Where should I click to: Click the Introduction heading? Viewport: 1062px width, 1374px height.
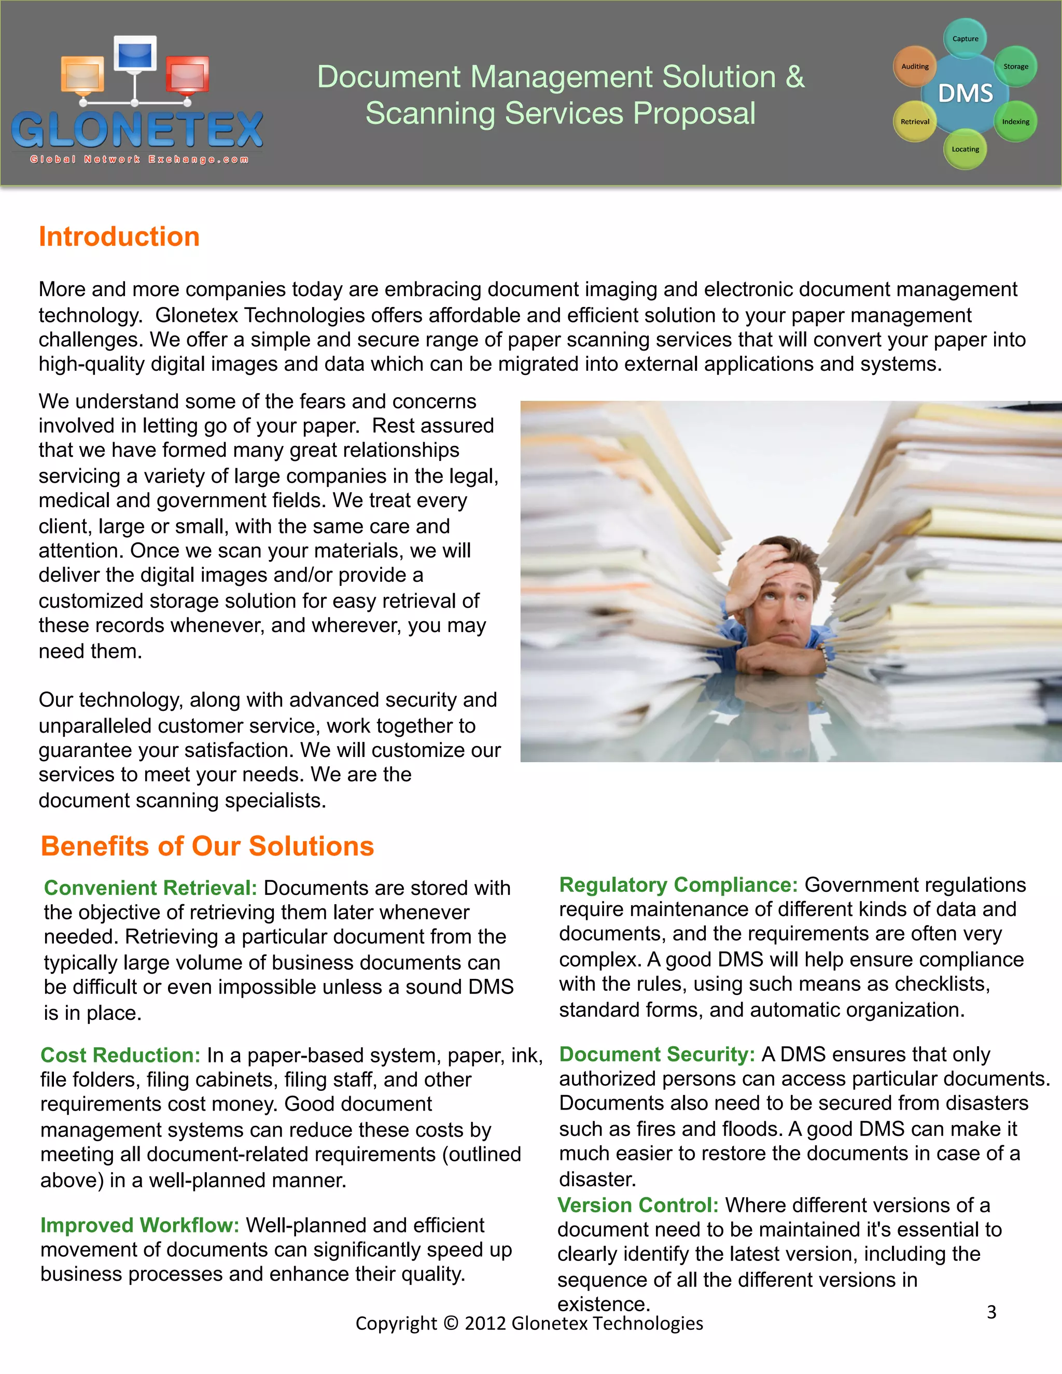click(x=119, y=236)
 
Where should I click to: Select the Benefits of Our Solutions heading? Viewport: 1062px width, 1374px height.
click(x=207, y=846)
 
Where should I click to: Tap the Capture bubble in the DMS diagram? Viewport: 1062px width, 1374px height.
click(x=965, y=39)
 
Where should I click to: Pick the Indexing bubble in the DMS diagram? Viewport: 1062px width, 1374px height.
click(x=1015, y=121)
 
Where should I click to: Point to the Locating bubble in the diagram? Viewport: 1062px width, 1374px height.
click(x=965, y=150)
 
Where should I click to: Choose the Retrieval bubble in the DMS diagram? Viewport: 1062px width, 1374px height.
click(x=914, y=121)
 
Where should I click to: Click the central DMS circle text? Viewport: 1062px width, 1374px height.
click(x=965, y=94)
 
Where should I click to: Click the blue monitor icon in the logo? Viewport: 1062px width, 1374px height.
click(x=135, y=55)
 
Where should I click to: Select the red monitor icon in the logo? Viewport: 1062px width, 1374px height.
click(x=188, y=76)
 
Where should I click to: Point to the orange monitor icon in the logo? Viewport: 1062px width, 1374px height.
click(x=82, y=74)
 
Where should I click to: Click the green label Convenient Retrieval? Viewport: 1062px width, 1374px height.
click(x=150, y=888)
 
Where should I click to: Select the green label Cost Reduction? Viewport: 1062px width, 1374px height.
click(x=120, y=1055)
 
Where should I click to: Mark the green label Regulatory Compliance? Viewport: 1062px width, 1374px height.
click(x=678, y=885)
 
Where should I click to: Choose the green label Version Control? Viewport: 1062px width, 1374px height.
click(x=638, y=1205)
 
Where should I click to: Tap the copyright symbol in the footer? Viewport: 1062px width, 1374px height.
click(x=451, y=1323)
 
